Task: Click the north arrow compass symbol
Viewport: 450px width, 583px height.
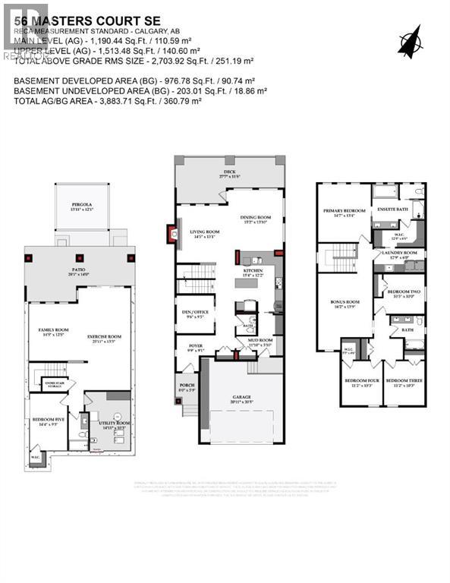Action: point(412,39)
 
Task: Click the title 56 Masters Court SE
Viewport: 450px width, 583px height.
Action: point(68,10)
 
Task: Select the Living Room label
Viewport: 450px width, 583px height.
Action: point(204,233)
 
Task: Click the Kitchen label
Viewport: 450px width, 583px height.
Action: point(253,271)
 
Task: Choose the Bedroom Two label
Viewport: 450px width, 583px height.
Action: point(402,292)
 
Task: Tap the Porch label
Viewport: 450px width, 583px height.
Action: point(187,387)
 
